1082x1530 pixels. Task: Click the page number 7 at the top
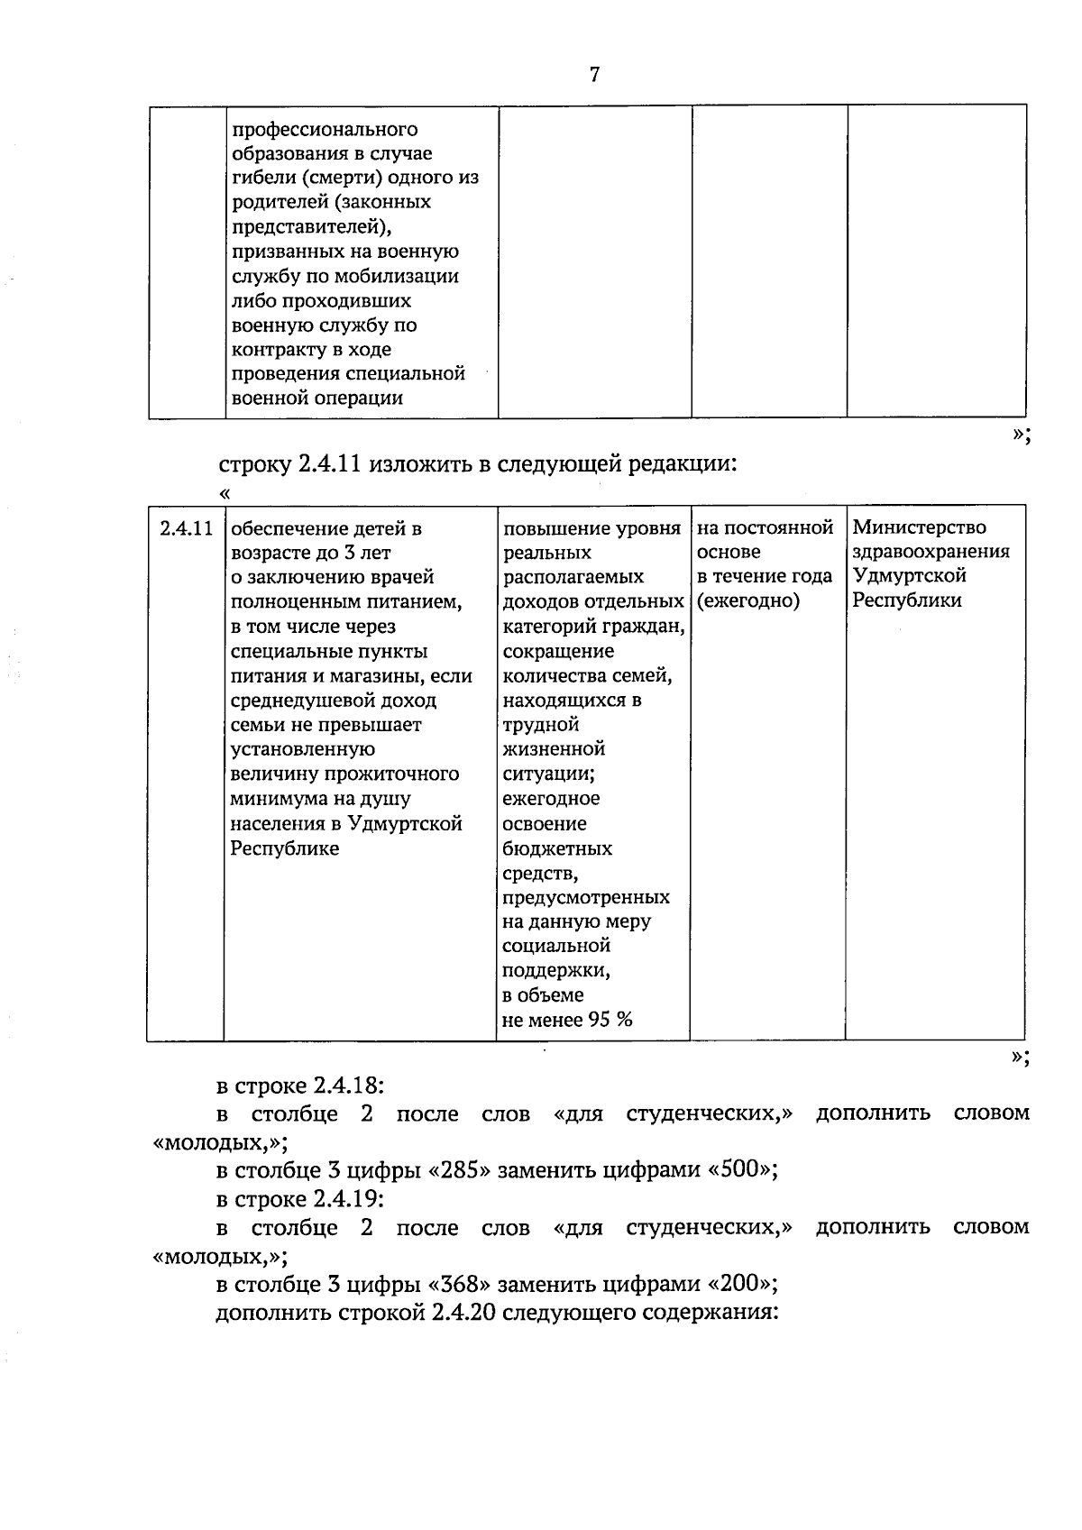[594, 75]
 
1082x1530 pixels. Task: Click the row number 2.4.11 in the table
[186, 528]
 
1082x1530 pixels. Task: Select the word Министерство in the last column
[919, 527]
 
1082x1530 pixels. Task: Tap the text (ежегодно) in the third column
[747, 601]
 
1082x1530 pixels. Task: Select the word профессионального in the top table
[325, 130]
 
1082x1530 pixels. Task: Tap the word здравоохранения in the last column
[931, 552]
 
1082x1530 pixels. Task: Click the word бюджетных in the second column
[557, 848]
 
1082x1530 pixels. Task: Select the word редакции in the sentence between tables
[685, 465]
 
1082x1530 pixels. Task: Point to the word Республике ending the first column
[285, 848]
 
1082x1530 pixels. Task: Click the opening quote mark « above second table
[225, 493]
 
